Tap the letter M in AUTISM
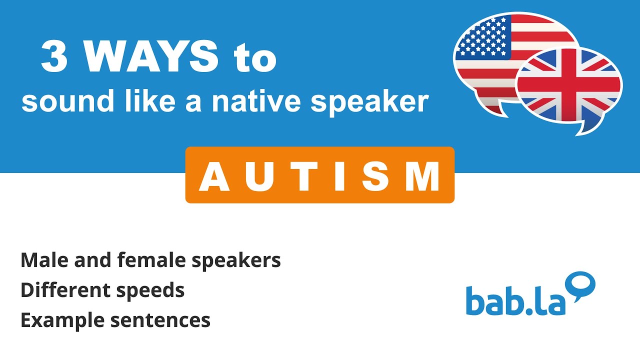point(423,177)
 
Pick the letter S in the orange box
point(371,177)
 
